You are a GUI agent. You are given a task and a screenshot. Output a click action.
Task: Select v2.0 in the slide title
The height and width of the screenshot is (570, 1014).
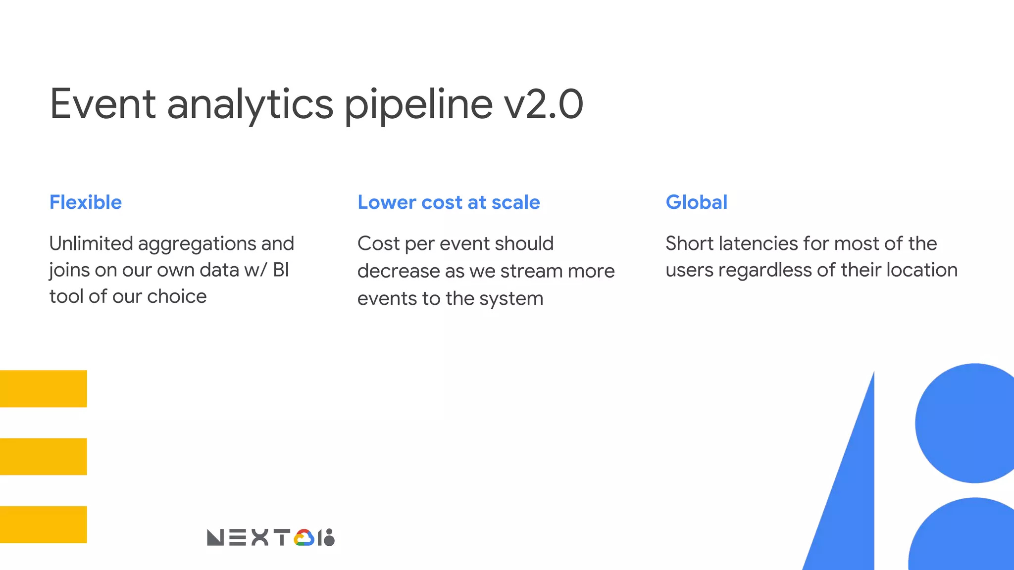coord(543,104)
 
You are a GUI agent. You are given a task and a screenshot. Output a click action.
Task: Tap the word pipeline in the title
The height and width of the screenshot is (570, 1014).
coord(418,105)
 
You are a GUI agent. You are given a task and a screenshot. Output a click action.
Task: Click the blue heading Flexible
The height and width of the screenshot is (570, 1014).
coord(86,202)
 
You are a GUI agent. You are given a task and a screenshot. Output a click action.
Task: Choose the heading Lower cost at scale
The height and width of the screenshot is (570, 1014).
coord(449,202)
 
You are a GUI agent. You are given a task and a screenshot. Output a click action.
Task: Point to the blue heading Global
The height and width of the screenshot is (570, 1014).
coord(696,202)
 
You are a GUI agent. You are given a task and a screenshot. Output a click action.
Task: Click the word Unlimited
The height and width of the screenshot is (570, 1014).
coord(91,243)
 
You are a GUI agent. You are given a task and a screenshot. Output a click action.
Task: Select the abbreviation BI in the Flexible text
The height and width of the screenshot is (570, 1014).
coord(281,270)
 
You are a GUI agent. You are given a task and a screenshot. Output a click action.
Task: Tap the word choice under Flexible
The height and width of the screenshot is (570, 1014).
coord(177,296)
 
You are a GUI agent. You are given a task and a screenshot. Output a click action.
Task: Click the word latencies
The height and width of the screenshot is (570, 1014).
coord(758,243)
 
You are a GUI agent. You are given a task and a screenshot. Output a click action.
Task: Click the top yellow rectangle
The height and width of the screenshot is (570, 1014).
coord(44,389)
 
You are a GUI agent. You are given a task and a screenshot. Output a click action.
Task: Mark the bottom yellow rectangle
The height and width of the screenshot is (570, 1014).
coord(44,524)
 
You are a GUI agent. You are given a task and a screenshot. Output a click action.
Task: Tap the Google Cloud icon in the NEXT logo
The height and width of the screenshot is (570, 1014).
coord(304,538)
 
